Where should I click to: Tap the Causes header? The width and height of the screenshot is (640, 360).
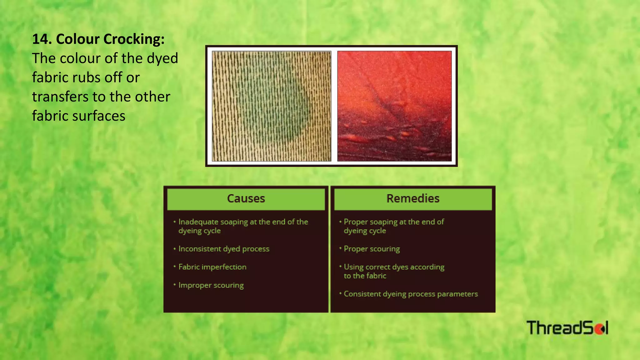(x=246, y=199)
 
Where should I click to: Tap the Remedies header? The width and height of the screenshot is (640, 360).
(x=413, y=199)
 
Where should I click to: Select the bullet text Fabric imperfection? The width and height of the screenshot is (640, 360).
(x=212, y=267)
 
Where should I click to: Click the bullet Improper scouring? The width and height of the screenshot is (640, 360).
(x=211, y=285)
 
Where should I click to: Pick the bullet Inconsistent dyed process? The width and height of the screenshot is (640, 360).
(x=224, y=249)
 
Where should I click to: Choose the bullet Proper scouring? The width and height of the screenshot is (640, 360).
(x=372, y=249)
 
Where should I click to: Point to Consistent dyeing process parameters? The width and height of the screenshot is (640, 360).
(x=411, y=294)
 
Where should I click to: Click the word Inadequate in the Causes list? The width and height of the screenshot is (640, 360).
(x=198, y=222)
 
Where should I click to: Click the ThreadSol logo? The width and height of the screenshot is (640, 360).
(x=567, y=328)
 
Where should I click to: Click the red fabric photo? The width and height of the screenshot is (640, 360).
(x=394, y=106)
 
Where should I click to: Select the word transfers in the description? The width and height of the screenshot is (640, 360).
(x=60, y=97)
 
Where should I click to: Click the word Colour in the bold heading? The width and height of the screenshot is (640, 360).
(x=78, y=39)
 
